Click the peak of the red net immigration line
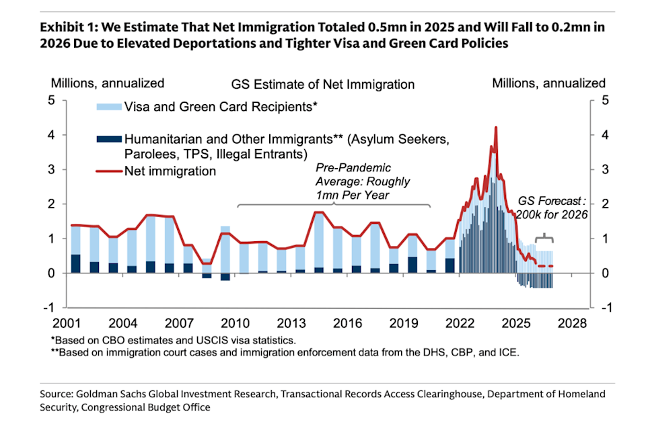point(496,127)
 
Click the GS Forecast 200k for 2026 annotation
point(552,208)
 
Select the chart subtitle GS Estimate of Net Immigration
point(323,85)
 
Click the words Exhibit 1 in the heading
point(65,28)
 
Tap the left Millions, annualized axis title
point(108,83)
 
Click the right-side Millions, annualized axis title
point(548,83)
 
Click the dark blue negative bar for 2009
point(225,277)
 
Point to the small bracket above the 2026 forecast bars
point(544,239)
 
